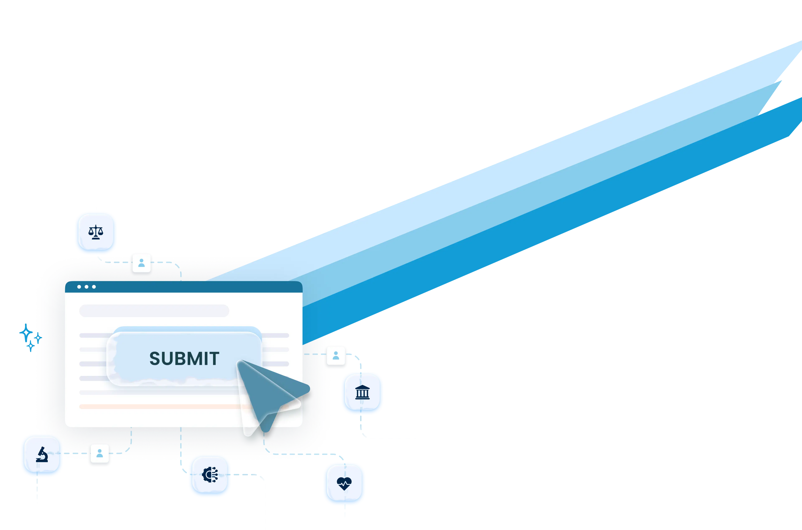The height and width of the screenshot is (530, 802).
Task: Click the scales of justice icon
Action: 96,233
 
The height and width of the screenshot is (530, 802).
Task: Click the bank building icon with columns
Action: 362,393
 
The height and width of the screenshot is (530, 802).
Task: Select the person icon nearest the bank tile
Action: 336,355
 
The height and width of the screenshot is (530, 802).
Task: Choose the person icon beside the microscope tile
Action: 99,453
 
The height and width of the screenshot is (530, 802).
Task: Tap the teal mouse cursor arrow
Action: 267,392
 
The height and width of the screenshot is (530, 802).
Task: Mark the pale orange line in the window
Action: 159,406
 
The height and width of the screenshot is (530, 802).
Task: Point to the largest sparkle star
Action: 25,332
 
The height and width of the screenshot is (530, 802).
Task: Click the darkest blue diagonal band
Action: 541,237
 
